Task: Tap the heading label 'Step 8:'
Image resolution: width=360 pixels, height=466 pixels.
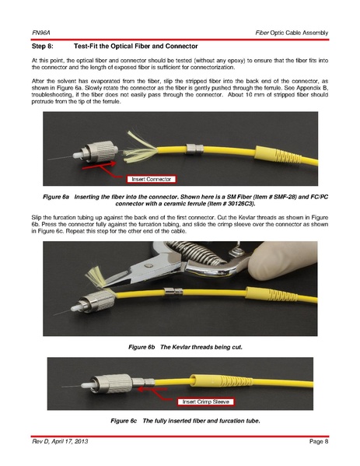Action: point(43,47)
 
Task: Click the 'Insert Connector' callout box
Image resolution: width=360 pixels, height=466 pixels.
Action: point(151,179)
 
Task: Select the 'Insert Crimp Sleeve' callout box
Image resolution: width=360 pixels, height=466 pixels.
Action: point(205,401)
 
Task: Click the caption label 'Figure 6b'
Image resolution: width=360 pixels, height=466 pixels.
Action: point(142,347)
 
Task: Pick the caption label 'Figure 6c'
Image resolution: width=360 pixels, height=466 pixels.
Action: point(124,421)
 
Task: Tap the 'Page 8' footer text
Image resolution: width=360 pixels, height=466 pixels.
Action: point(319,441)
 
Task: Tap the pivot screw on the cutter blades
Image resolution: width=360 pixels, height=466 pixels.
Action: point(149,265)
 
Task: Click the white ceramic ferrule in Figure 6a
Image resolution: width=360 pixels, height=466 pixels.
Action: point(77,155)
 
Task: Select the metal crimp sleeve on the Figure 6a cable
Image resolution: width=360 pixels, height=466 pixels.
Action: point(194,149)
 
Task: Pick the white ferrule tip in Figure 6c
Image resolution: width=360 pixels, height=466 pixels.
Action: point(86,386)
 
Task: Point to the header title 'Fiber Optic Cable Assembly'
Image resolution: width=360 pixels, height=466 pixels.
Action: point(292,33)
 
